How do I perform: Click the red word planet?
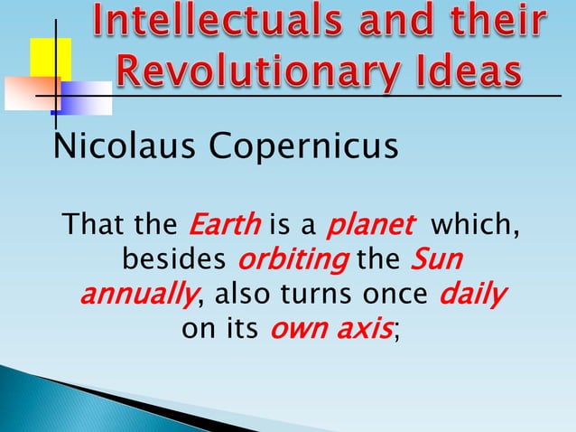pos(370,223)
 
